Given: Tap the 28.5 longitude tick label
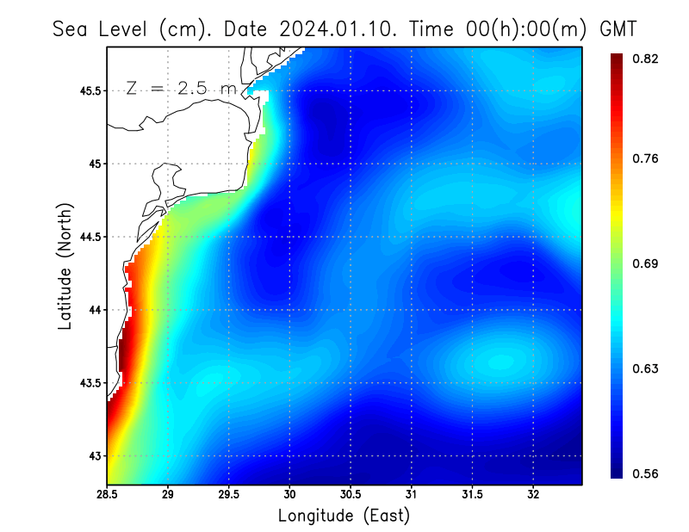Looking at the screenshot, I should click(x=108, y=495).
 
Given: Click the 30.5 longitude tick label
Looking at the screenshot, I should click(x=351, y=495).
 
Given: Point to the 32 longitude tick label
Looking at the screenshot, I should click(x=533, y=495).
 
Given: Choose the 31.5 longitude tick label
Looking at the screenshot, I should click(x=472, y=495).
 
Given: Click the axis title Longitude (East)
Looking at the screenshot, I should click(x=344, y=516).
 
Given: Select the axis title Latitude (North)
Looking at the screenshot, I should click(x=65, y=267).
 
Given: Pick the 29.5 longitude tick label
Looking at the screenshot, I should click(x=229, y=495).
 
